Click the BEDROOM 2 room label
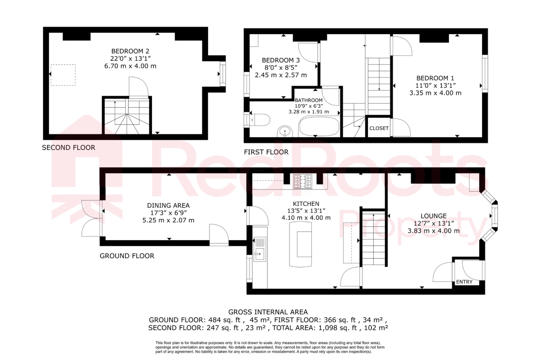coord(130,51)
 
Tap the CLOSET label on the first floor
coord(379,128)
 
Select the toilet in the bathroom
coord(260,120)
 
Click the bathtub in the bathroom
coord(319,126)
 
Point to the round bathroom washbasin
coord(285,131)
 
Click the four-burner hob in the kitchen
coord(303,181)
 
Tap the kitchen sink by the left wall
coord(259,254)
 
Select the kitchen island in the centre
coord(301,244)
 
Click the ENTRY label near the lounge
coord(464,282)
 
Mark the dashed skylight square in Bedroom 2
coord(63,75)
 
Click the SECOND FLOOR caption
coord(69,148)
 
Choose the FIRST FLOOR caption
coord(266,152)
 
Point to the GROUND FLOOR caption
coord(127,256)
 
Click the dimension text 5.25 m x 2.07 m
coord(168,220)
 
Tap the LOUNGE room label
coord(433,216)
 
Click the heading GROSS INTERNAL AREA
coord(268,312)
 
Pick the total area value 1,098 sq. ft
coord(338,328)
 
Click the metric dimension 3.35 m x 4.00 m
coord(435,93)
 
